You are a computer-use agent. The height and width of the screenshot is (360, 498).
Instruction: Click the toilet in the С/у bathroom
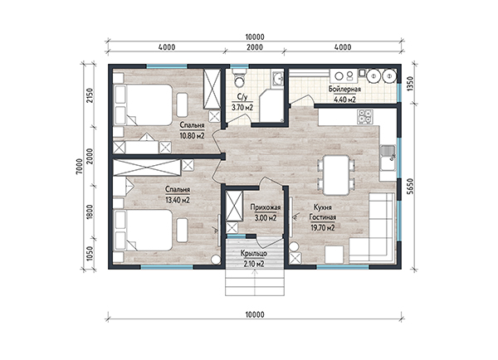tap(239, 78)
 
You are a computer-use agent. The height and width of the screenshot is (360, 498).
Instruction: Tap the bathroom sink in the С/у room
tap(277, 78)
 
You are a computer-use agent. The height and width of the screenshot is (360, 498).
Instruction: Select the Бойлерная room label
tap(344, 89)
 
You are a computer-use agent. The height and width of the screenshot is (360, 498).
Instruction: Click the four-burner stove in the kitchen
tap(365, 116)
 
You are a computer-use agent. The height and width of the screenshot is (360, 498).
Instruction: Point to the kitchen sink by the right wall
tap(388, 157)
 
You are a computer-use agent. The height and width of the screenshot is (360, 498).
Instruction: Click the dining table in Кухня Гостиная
tap(336, 175)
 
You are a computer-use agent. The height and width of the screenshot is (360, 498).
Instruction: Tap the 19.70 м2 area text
tap(323, 227)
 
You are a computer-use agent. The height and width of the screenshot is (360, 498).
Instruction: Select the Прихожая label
tap(266, 207)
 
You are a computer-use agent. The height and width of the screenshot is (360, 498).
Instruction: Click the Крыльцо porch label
tap(253, 254)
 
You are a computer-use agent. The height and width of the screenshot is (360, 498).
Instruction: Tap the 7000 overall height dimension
tap(79, 166)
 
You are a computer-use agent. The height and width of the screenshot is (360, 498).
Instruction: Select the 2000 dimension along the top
tap(255, 47)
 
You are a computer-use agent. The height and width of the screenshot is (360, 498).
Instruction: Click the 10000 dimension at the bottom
tap(255, 314)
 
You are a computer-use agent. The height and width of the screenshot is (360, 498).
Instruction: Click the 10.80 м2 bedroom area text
tap(193, 136)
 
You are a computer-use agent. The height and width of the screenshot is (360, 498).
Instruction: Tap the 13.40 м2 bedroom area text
tap(178, 200)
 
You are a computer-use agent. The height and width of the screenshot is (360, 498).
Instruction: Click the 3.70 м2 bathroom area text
tap(242, 108)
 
